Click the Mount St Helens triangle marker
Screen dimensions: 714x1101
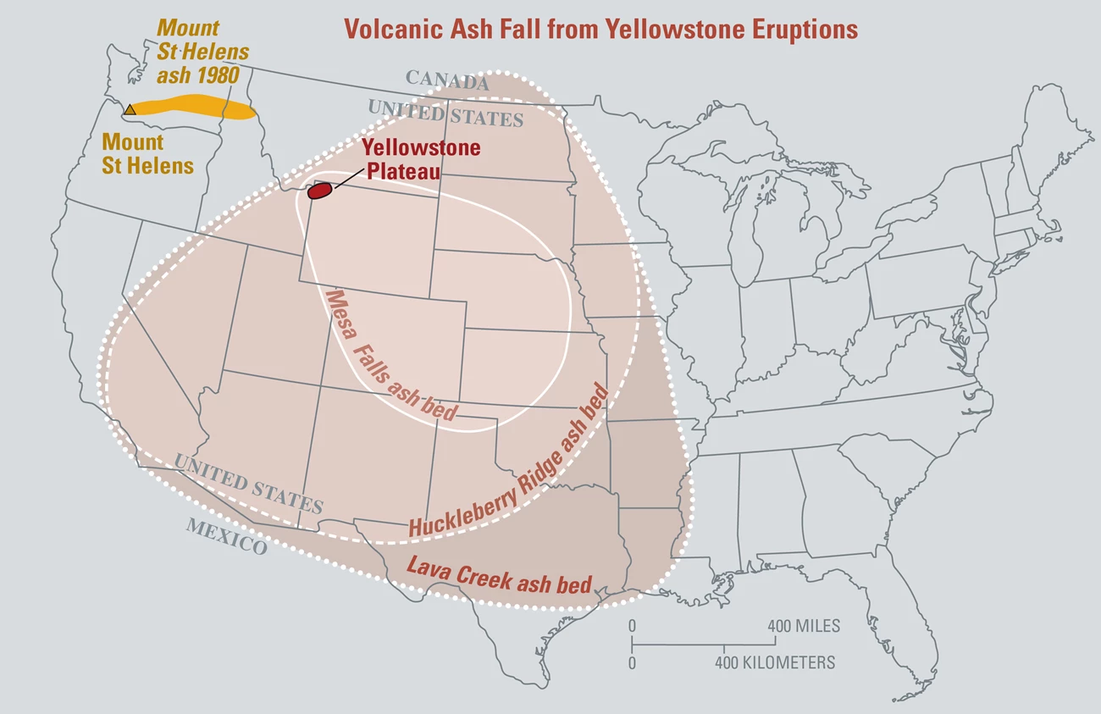[x=130, y=109]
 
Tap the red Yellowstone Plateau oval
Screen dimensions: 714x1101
[x=318, y=191]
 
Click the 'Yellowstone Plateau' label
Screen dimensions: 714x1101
[x=421, y=159]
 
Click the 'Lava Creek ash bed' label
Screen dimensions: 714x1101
[x=499, y=576]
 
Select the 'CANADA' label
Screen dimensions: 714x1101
[x=447, y=80]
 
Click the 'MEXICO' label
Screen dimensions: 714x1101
[x=227, y=535]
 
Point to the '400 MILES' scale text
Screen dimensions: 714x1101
[x=804, y=627]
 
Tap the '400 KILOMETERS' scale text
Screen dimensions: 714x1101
[x=775, y=662]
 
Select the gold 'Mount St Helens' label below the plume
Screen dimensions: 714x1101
[x=147, y=153]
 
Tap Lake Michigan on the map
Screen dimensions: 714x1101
[x=742, y=229]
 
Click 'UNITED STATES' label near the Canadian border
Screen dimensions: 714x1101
[x=445, y=112]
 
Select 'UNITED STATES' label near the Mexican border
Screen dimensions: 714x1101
[x=248, y=483]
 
